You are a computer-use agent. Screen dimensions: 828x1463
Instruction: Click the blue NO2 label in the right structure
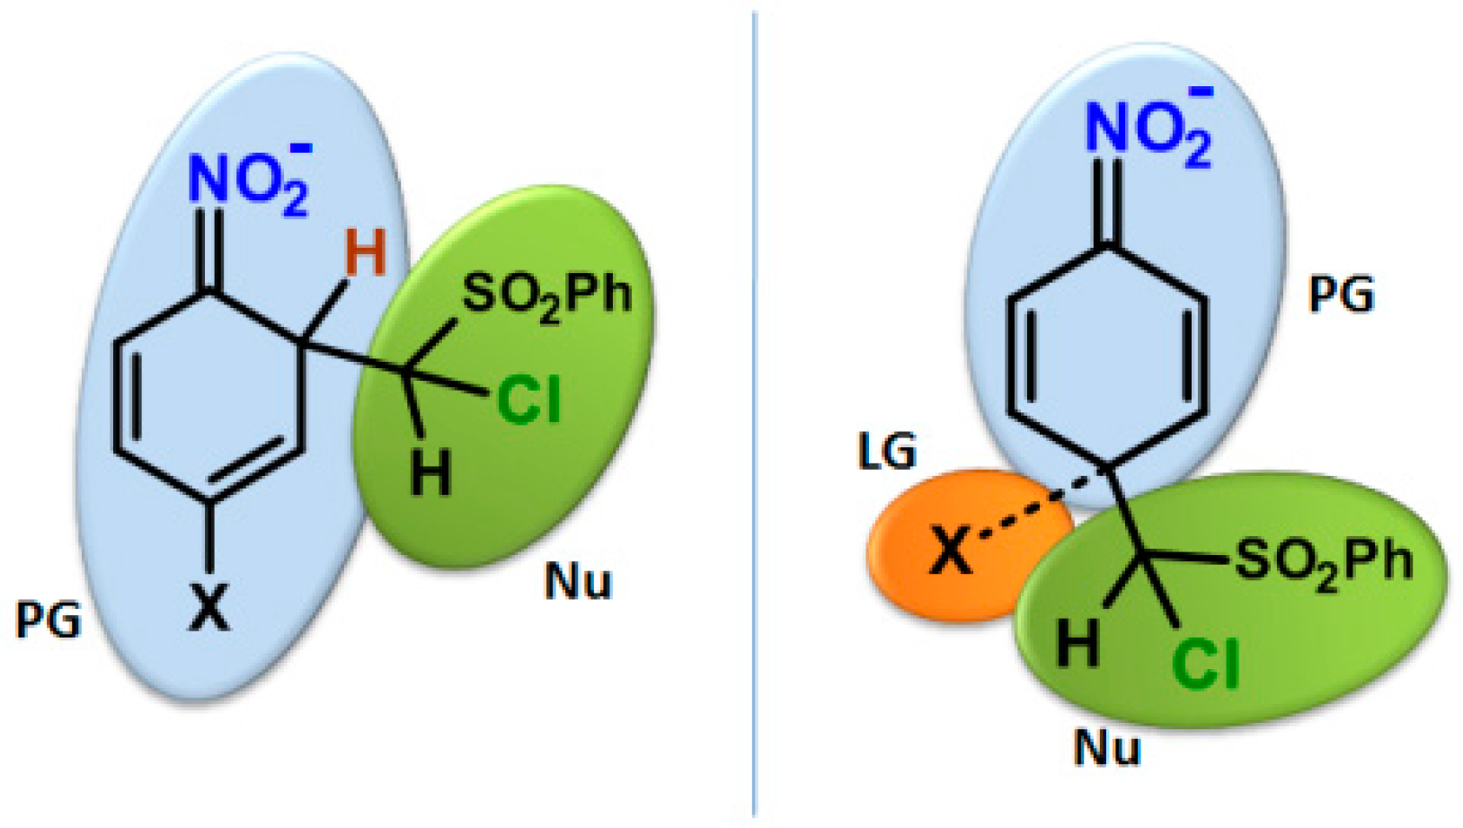tap(1147, 131)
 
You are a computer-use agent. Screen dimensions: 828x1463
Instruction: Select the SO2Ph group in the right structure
tap(1324, 562)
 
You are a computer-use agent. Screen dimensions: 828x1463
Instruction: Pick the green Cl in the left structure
tap(528, 400)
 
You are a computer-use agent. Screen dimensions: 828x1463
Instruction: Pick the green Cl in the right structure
tap(1206, 664)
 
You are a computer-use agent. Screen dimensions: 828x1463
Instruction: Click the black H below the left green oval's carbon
tap(430, 472)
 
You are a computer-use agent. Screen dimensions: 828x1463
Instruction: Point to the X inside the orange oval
tap(951, 551)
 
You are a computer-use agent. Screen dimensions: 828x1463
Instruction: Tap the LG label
tap(887, 452)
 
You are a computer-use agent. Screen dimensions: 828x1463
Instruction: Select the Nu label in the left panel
tap(578, 582)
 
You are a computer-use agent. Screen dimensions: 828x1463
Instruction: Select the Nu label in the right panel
tap(1107, 747)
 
